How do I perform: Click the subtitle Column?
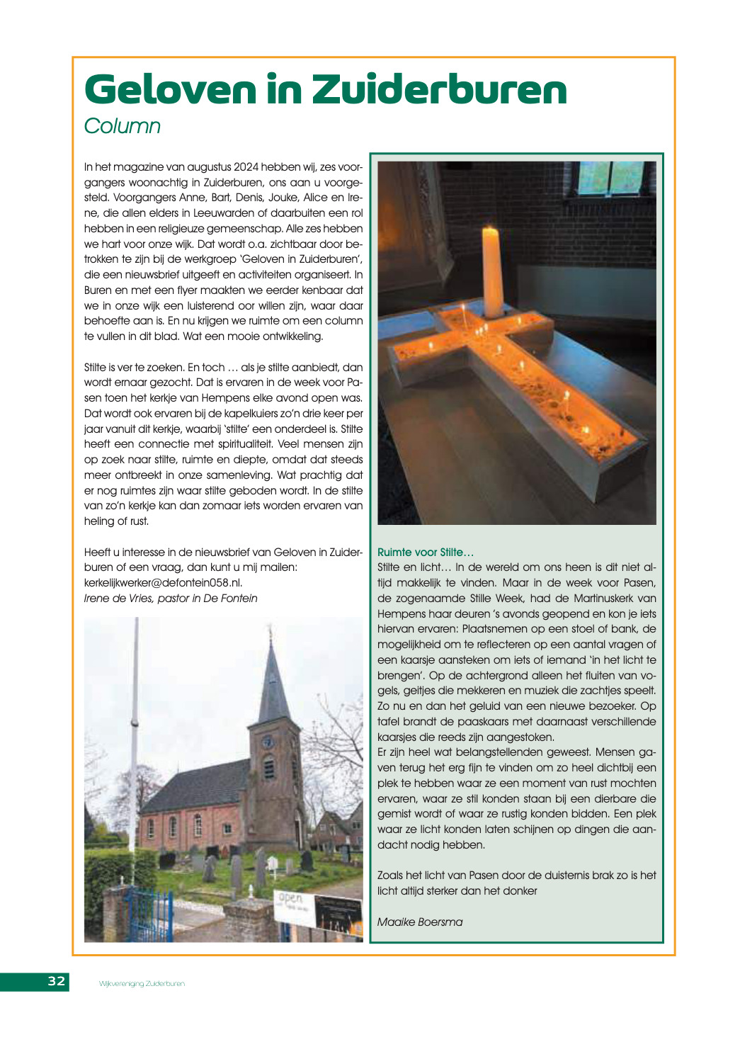tap(123, 126)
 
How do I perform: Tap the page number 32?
tap(57, 981)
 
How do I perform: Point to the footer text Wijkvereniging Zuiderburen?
tap(142, 983)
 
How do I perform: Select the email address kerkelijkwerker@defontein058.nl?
tap(163, 583)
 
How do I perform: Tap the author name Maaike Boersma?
tap(420, 922)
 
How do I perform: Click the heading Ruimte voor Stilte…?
tap(426, 553)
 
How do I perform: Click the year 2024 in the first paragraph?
tap(246, 167)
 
